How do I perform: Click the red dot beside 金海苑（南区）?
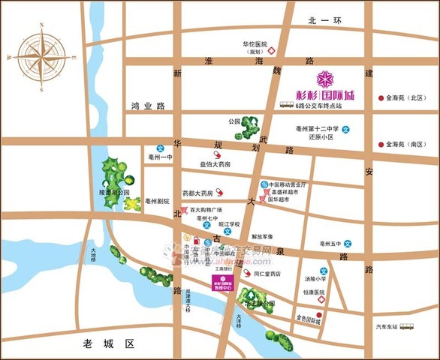381,144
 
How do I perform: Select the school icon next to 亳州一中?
159,148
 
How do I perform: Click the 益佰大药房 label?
215,164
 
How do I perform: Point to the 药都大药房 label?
197,193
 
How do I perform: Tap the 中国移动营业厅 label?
290,184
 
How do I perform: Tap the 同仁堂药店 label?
267,274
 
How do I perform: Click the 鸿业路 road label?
147,106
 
